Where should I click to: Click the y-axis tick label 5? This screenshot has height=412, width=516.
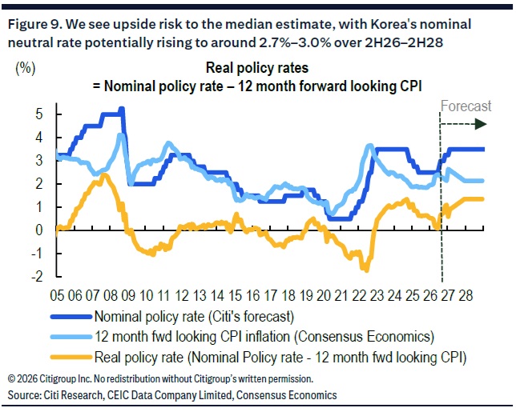coord(39,114)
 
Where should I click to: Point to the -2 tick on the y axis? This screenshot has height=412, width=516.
coord(37,277)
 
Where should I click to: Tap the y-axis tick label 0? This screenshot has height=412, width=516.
coord(39,230)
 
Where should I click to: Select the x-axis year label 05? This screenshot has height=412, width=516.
coord(57,296)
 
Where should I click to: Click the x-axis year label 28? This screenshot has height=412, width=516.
coord(466,296)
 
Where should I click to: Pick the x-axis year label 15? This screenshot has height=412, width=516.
coord(235,296)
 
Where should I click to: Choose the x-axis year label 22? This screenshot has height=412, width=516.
coord(359,296)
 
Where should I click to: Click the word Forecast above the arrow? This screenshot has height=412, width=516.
coord(466,106)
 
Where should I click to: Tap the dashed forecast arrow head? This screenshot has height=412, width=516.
coord(481,124)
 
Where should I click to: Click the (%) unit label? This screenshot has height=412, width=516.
coord(26,68)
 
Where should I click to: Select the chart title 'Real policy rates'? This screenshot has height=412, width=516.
coord(257,68)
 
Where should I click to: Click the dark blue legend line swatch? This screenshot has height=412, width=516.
coord(71,317)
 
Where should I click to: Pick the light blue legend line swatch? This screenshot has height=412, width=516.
coord(71,337)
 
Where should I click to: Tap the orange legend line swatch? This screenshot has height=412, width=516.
coord(71,357)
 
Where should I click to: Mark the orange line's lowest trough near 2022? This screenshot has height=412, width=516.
coord(366,270)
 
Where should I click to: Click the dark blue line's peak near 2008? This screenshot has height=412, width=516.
coord(122,109)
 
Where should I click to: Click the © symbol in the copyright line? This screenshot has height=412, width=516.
coord(11,379)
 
